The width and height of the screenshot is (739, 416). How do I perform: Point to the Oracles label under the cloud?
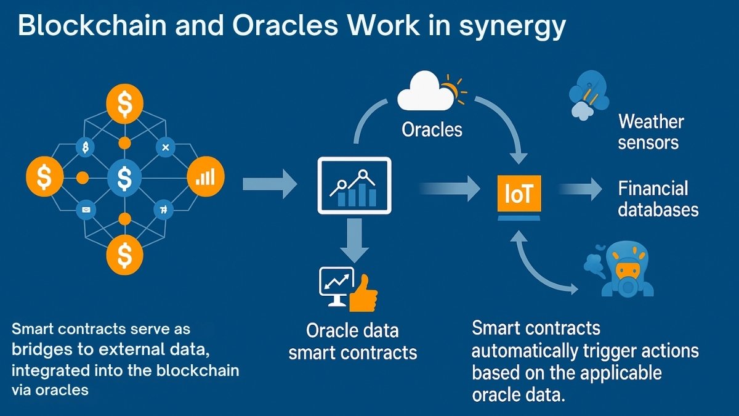[432, 129]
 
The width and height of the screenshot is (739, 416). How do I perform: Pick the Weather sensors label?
[650, 132]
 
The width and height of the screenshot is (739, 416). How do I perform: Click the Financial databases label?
[658, 198]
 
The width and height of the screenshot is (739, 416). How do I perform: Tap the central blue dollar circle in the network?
[124, 178]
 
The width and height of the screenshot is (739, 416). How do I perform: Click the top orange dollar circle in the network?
[124, 104]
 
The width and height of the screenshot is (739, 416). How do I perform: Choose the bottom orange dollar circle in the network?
[124, 253]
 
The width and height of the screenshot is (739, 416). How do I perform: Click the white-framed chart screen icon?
[354, 186]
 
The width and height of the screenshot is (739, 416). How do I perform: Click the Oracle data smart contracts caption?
[353, 341]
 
